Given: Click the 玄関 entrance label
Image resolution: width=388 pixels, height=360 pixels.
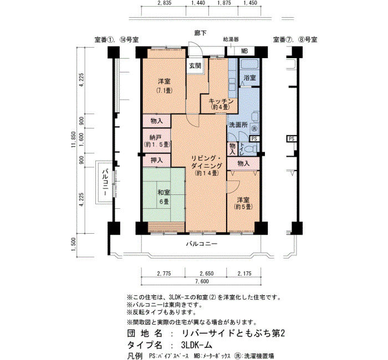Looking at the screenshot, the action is pyautogui.click(x=195, y=65).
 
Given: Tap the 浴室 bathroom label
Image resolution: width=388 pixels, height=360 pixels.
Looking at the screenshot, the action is pyautogui.click(x=249, y=78).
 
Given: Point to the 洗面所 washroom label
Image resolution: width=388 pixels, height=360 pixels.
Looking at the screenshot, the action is pyautogui.click(x=238, y=125).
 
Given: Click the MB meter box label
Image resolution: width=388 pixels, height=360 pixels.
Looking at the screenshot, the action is pyautogui.click(x=244, y=52).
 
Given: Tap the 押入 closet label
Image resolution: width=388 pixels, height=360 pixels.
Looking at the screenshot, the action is pyautogui.click(x=157, y=160).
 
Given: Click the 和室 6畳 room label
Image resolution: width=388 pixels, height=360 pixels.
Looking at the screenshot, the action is pyautogui.click(x=164, y=197).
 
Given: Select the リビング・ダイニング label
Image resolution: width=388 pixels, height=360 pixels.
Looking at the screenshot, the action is pyautogui.click(x=206, y=166).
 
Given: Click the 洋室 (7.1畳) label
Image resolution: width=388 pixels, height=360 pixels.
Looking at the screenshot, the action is pyautogui.click(x=164, y=86).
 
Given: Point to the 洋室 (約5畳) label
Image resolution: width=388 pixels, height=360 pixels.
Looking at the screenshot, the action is pyautogui.click(x=243, y=203).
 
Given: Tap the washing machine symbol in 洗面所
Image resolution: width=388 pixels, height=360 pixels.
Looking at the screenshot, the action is pyautogui.click(x=254, y=128).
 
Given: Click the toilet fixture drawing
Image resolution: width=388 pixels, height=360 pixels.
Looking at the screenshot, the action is pyautogui.click(x=252, y=149).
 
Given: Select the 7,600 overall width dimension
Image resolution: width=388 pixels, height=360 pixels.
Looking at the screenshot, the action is pyautogui.click(x=202, y=281).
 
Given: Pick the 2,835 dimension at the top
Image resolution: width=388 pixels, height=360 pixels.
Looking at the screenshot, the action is pyautogui.click(x=164, y=3).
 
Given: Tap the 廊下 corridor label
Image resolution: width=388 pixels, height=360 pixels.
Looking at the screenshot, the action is pyautogui.click(x=200, y=33).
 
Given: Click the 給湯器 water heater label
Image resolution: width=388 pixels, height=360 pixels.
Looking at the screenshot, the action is pyautogui.click(x=231, y=39).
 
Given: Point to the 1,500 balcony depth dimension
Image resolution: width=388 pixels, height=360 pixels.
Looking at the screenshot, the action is pyautogui.click(x=74, y=244).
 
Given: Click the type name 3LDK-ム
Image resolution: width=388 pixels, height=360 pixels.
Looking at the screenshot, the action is pyautogui.click(x=196, y=344).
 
